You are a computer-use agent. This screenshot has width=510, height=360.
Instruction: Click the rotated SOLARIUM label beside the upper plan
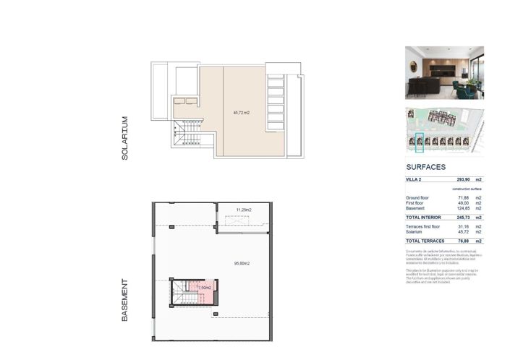tap(124, 137)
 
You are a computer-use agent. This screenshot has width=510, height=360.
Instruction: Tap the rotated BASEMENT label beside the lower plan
tap(124, 300)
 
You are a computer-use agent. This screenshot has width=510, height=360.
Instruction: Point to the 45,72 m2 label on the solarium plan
tap(241, 113)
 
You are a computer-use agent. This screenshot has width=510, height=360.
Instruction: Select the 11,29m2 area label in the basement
tap(244, 210)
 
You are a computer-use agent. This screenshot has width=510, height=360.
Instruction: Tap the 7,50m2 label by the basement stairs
tap(205, 288)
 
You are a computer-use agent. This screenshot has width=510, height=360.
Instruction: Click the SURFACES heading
tap(426, 166)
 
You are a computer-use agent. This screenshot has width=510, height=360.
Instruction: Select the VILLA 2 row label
tap(415, 179)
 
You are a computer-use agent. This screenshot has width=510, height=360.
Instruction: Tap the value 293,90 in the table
tap(463, 179)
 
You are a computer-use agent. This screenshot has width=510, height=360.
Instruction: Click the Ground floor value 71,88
tap(463, 197)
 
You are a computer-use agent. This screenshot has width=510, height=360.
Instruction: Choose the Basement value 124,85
tap(462, 208)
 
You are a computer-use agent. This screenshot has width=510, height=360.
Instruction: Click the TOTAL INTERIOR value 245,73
tap(462, 217)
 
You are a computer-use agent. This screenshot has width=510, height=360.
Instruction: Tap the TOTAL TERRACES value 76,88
tap(463, 241)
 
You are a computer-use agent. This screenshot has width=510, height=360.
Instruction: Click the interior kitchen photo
tap(444, 72)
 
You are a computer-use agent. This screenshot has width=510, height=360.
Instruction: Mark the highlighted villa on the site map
tap(419, 142)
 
